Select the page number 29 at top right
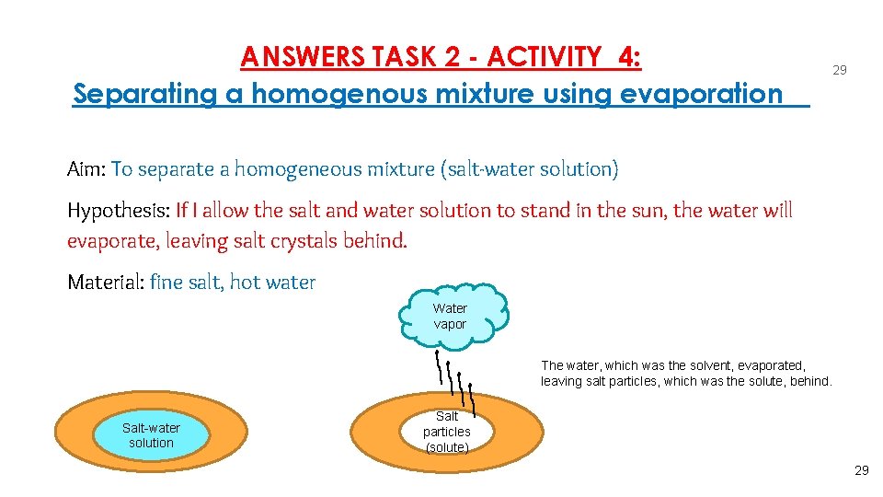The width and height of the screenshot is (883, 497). pos(839,70)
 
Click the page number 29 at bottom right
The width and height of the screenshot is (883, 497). pos(861,470)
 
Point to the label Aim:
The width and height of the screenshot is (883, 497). pos(86,169)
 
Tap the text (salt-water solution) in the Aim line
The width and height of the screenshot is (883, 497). pos(530,169)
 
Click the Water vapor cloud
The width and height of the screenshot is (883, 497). pos(450,316)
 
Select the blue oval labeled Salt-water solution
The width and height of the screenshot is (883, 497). pos(151,435)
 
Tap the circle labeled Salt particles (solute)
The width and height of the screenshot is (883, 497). pos(447,431)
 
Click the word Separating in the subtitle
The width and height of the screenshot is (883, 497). pos(150,93)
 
